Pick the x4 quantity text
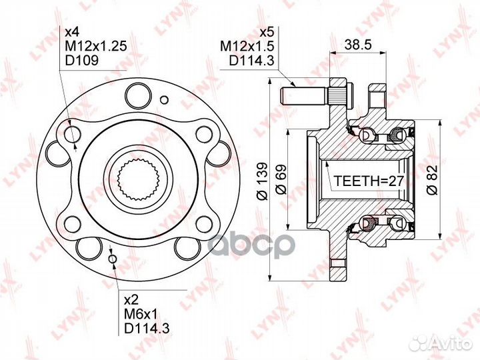tap(72, 31)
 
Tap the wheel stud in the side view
tap(307, 91)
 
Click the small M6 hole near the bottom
tap(112, 259)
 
